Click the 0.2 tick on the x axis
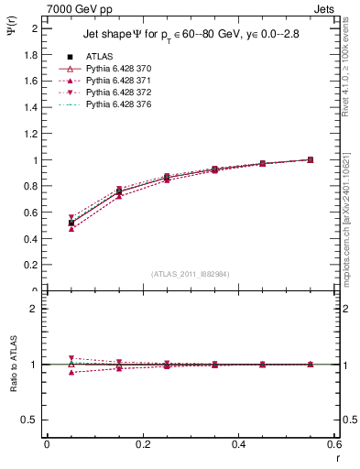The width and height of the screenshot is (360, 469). tap(143, 444)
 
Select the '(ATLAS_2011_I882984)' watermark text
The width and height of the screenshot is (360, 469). tap(191, 274)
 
